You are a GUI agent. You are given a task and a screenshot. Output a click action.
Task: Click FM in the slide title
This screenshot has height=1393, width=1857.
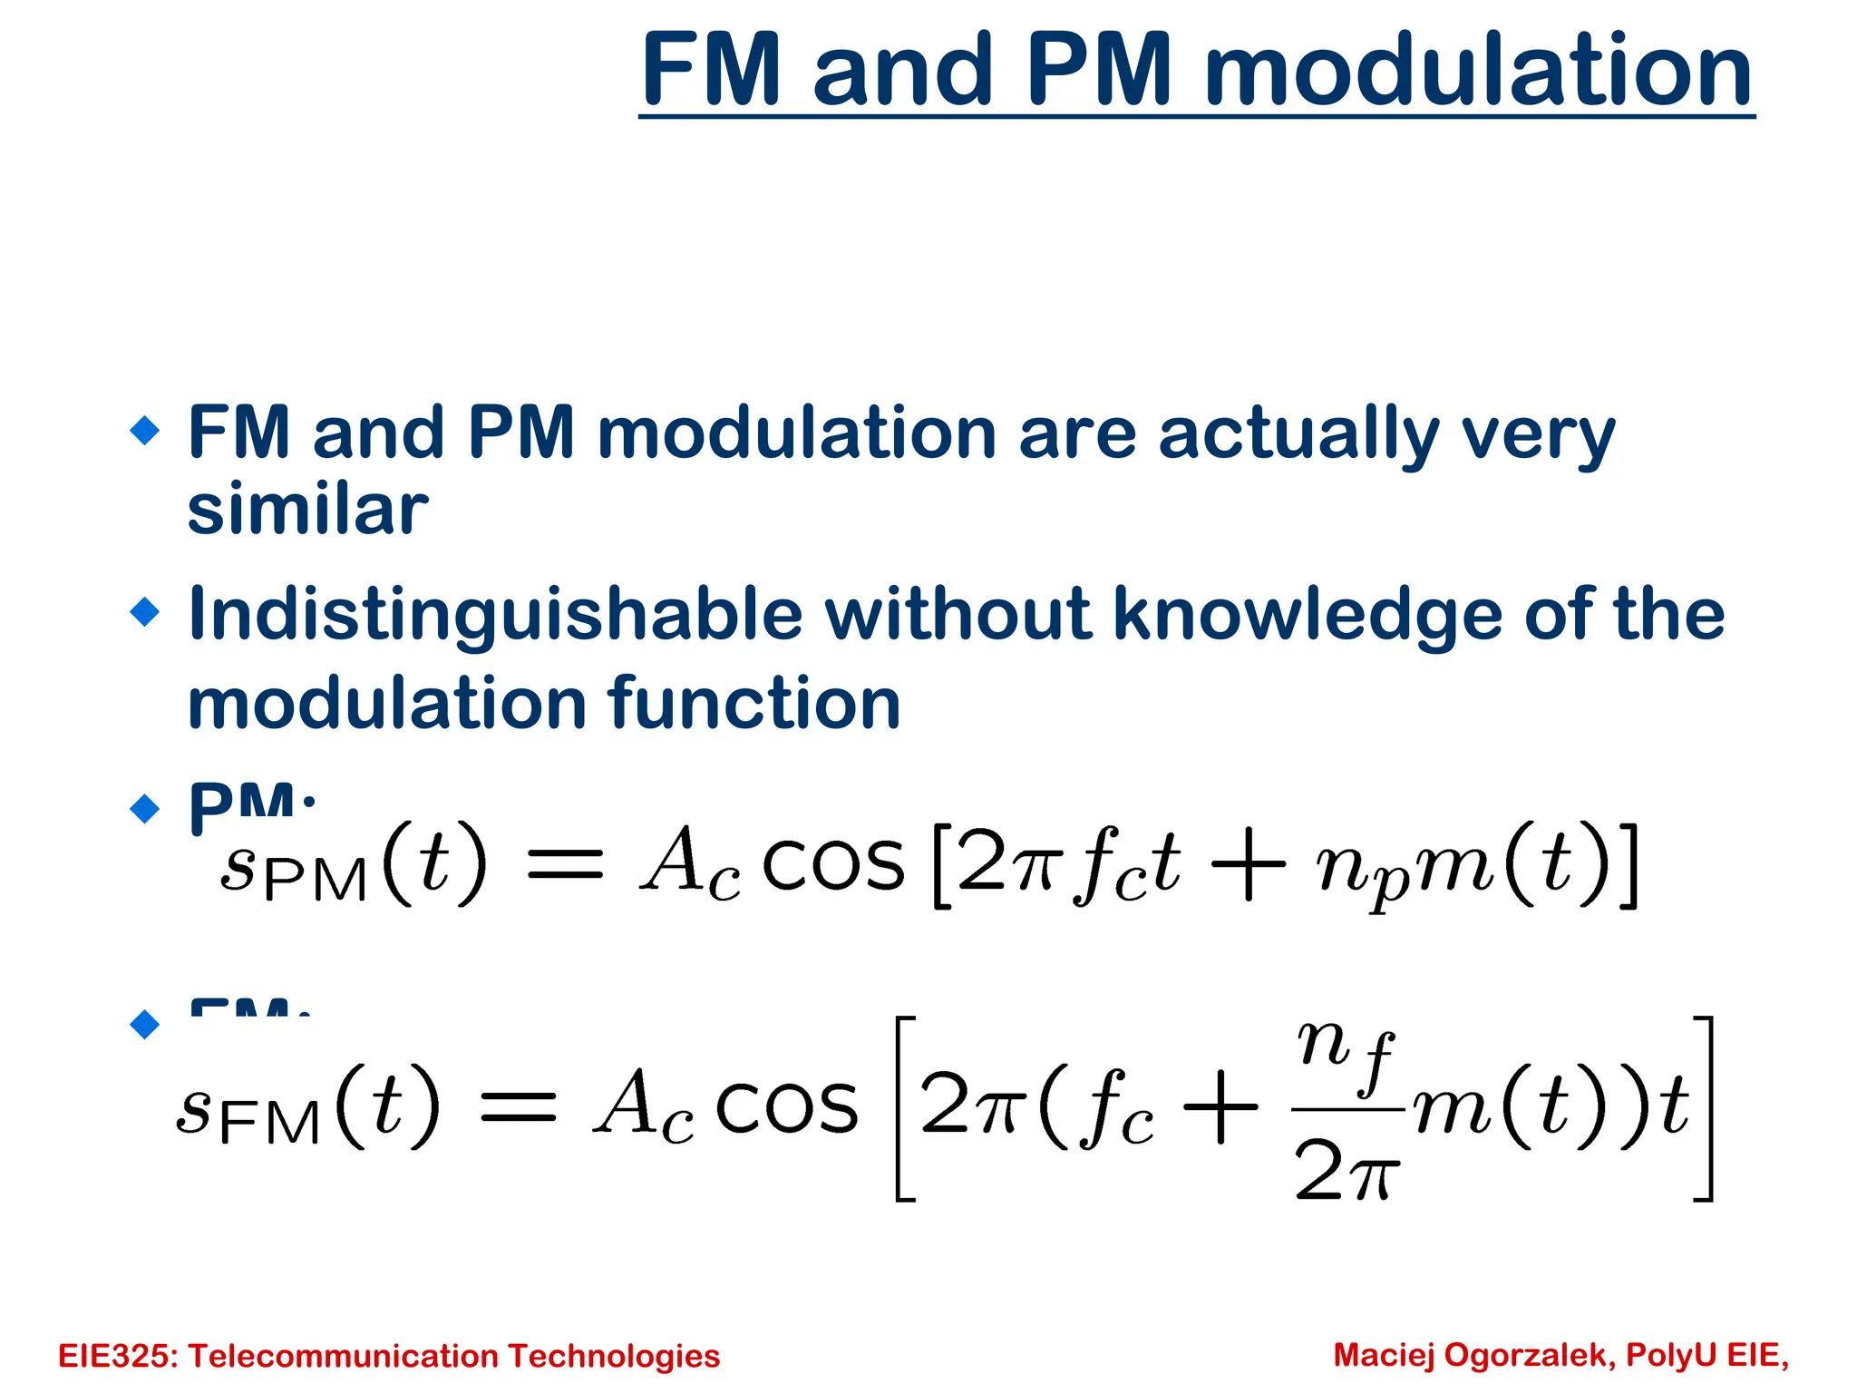(712, 71)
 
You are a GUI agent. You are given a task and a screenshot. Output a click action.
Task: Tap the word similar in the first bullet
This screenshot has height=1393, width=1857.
(307, 510)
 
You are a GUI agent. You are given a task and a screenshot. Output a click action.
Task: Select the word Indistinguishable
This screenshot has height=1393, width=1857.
(495, 615)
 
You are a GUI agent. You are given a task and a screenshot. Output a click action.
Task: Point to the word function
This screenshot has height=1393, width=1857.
(754, 704)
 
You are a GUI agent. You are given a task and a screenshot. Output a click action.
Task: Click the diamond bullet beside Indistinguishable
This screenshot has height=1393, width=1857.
(145, 611)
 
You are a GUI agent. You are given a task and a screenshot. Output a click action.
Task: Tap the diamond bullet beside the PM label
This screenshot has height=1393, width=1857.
(145, 807)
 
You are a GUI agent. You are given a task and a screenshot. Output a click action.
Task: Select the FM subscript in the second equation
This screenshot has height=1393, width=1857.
(270, 1123)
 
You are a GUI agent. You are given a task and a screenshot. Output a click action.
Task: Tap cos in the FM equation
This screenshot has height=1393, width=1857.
(787, 1108)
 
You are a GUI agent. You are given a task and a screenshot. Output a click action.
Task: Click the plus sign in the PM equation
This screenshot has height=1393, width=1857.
(1249, 866)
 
